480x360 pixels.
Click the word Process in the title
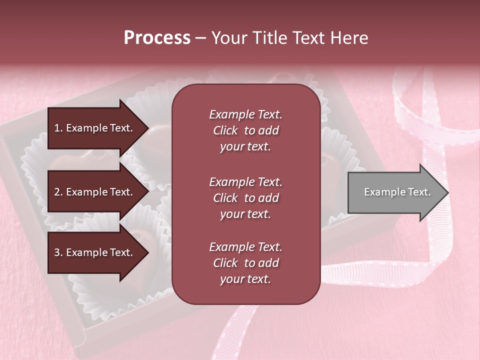pos(157,38)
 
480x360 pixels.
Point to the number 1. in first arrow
pos(58,128)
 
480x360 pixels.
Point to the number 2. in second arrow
pos(58,192)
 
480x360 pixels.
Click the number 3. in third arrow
pos(58,252)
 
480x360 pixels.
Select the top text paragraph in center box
pos(245,130)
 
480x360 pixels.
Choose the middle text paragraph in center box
pos(245,198)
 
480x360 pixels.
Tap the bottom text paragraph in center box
pos(245,263)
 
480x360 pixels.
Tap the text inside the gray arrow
pos(397,192)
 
